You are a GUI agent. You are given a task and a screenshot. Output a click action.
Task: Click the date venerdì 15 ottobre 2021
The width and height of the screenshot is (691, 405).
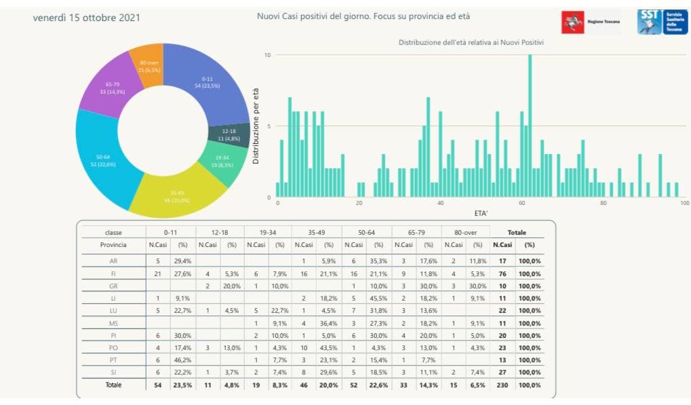pos(86,17)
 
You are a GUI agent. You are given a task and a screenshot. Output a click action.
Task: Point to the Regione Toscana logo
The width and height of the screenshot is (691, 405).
pos(591,22)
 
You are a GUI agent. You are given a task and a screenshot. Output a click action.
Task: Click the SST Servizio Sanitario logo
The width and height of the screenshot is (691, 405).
pos(663,22)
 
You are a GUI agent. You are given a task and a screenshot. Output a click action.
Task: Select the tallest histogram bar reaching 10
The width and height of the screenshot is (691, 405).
pos(530,126)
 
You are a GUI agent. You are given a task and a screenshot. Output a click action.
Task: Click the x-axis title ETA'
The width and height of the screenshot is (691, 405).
pos(481,212)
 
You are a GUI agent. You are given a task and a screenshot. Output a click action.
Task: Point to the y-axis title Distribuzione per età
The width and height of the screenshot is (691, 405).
pos(256,126)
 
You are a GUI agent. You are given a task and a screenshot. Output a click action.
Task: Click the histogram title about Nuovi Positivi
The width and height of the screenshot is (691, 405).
pos(471,43)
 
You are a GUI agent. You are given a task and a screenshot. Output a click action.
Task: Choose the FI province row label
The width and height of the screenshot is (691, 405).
pos(113,273)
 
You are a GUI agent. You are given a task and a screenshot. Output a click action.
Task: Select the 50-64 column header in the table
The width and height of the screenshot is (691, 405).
pos(367,232)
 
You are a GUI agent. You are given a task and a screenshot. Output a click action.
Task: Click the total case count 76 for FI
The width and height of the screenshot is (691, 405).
pos(502,273)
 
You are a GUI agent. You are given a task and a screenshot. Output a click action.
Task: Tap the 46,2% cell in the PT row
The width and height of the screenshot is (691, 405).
pos(183,359)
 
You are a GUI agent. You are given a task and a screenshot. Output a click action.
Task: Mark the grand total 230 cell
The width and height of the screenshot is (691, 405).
pos(502,385)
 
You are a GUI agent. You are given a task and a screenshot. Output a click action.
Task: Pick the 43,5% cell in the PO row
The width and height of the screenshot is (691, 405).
pos(329,347)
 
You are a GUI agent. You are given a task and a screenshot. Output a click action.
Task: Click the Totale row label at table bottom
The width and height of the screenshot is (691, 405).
pos(113,385)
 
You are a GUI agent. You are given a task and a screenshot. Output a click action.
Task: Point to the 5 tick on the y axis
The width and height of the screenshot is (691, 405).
pos(269,126)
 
